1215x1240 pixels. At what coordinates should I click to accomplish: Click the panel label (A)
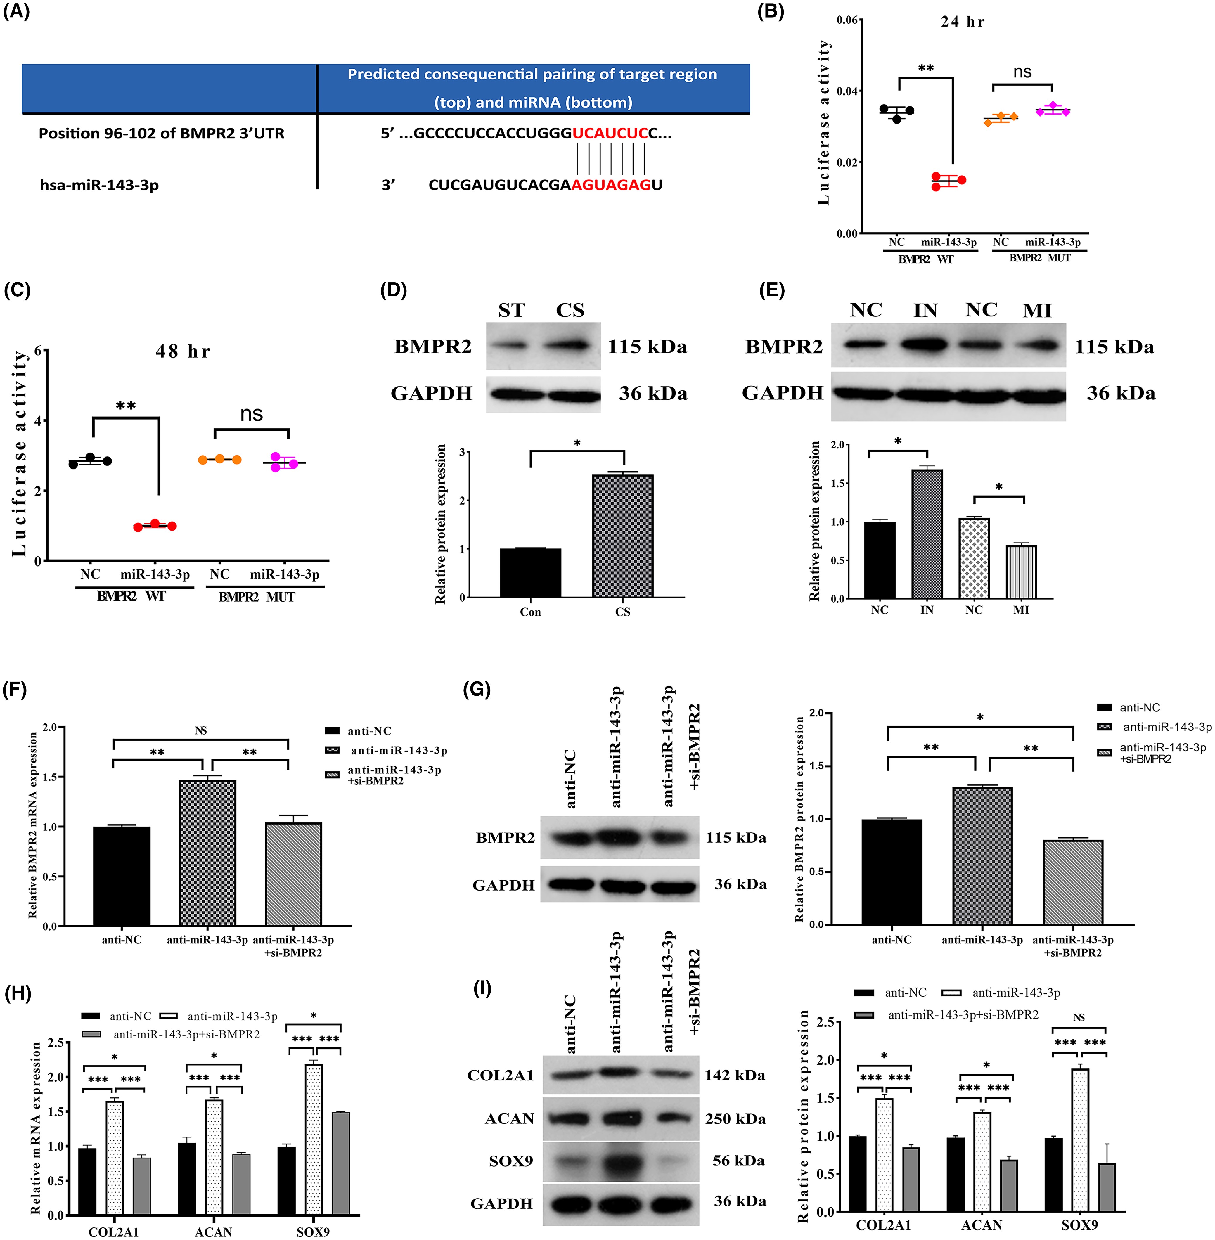pyautogui.click(x=17, y=11)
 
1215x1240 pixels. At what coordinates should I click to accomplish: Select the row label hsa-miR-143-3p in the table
pyautogui.click(x=99, y=185)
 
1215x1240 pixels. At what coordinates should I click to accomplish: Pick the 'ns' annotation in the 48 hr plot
pyautogui.click(x=251, y=414)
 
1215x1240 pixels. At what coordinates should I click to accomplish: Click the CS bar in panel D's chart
pyautogui.click(x=623, y=536)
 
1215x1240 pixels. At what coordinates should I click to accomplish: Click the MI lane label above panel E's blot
pyautogui.click(x=1037, y=311)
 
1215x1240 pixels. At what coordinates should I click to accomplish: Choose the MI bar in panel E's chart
pyautogui.click(x=1021, y=572)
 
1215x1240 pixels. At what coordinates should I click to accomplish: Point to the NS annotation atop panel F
pyautogui.click(x=201, y=730)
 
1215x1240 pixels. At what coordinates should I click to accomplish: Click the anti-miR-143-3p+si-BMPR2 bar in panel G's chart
pyautogui.click(x=1073, y=883)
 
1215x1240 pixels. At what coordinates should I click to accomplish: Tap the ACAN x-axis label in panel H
pyautogui.click(x=213, y=1232)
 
